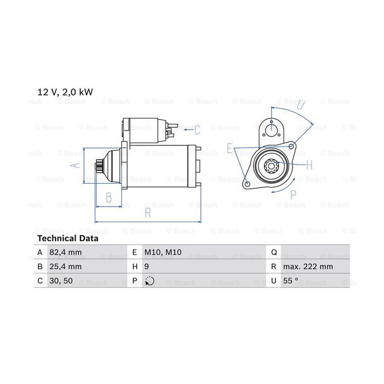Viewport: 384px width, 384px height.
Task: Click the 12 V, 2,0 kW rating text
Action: tap(65, 92)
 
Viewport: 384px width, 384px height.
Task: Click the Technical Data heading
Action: tap(68, 238)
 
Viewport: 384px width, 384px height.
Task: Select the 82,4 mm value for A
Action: tap(65, 252)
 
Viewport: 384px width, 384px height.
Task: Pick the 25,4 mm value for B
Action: tap(65, 267)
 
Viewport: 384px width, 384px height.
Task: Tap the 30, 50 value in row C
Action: tap(61, 281)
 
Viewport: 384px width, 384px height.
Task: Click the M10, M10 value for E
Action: tap(163, 252)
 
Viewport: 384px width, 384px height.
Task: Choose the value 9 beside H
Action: tap(146, 267)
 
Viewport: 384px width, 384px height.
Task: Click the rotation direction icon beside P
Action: tap(149, 281)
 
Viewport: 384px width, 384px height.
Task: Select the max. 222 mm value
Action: tap(308, 267)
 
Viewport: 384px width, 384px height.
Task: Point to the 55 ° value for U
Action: tap(290, 281)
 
